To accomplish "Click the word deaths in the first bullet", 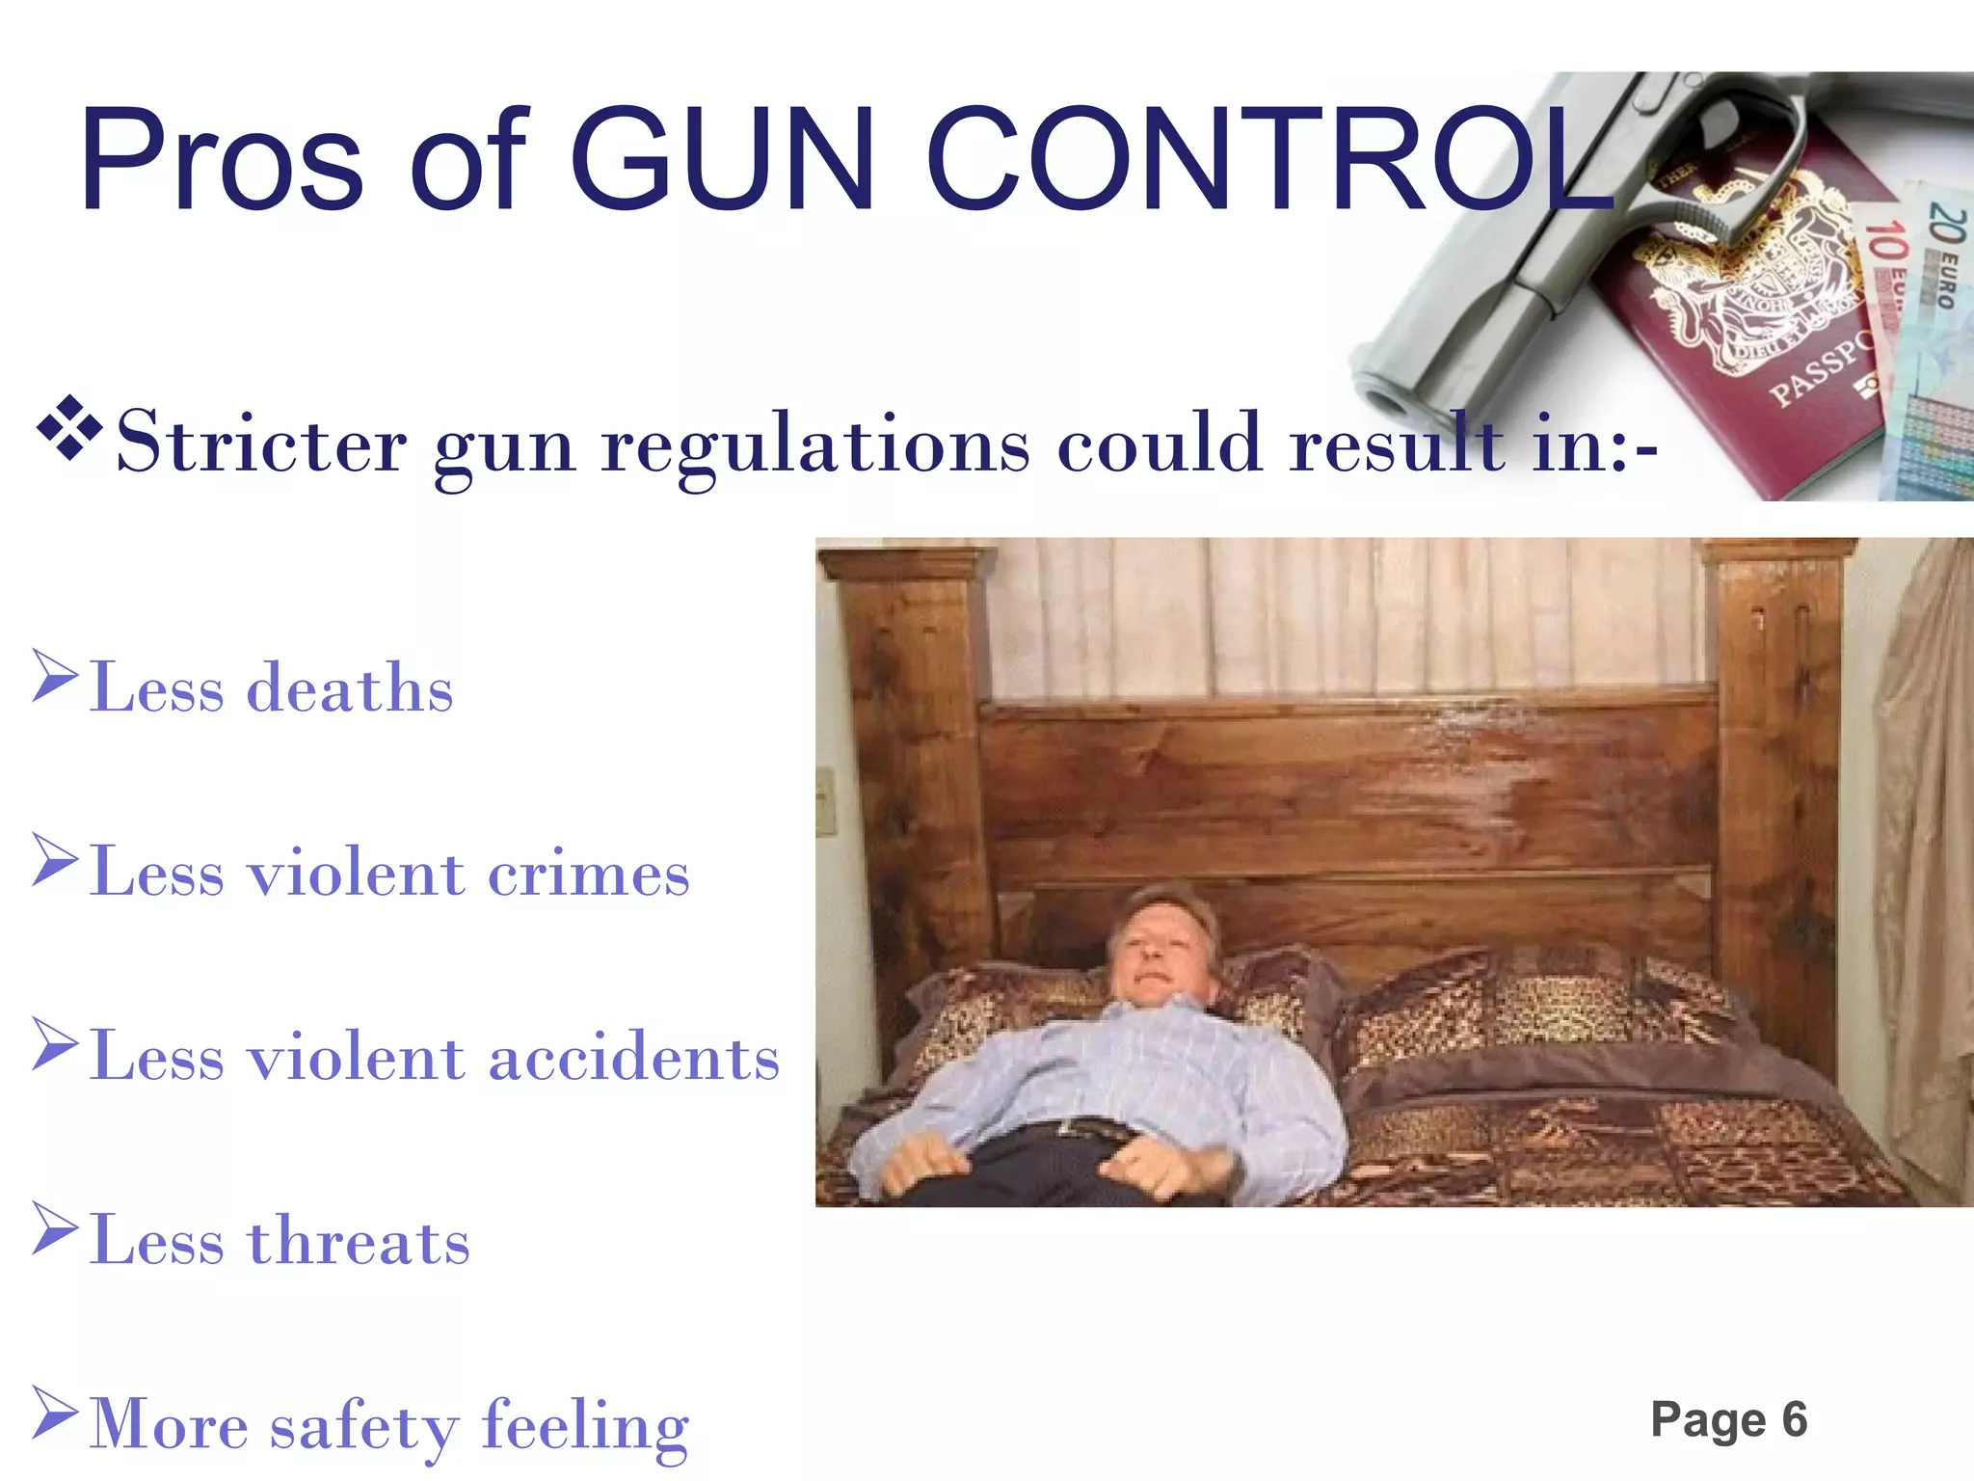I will click(x=350, y=688).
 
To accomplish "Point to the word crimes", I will click(x=589, y=874).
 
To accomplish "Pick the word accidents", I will click(x=633, y=1058).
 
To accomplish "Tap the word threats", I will click(x=359, y=1241).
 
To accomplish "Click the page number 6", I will click(x=1794, y=1419).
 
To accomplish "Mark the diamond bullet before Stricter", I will click(x=69, y=425).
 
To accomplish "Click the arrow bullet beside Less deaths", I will click(x=54, y=676).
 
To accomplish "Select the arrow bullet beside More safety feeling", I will click(x=54, y=1413).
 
